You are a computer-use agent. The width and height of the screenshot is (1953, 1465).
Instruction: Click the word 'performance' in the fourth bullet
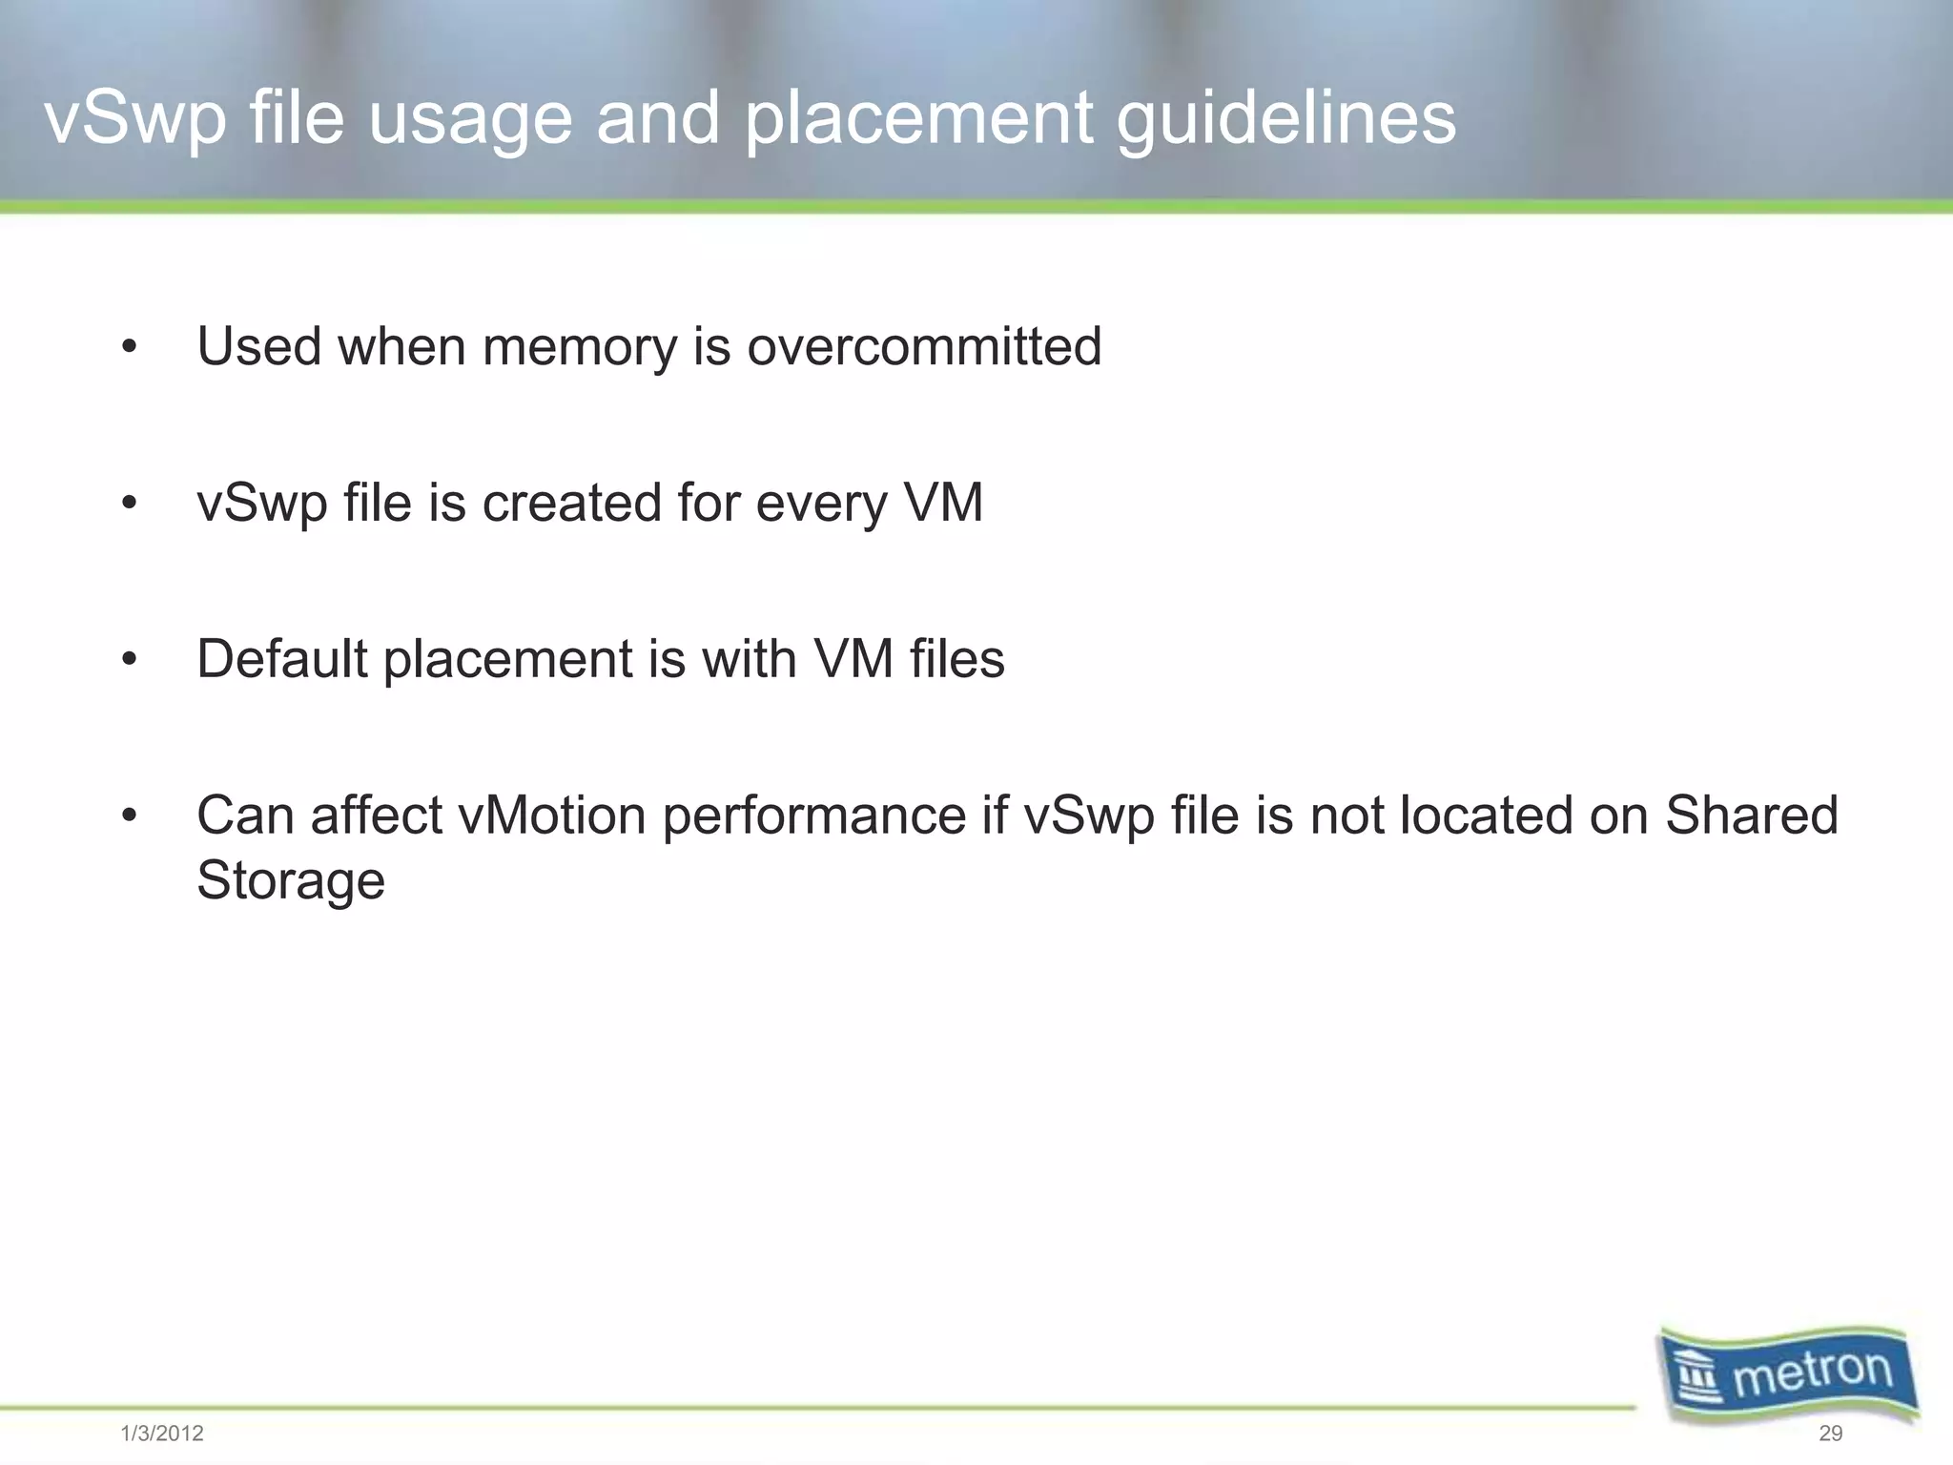click(x=814, y=816)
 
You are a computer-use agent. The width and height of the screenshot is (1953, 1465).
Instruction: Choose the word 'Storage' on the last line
click(x=291, y=879)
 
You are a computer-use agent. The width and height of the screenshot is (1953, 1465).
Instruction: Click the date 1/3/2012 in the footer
click(x=162, y=1434)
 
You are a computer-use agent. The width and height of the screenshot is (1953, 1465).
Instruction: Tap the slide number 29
click(x=1830, y=1434)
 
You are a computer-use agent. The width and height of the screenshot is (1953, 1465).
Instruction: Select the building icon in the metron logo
click(x=1698, y=1378)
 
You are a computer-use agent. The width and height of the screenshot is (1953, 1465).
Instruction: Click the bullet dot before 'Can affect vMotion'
click(x=130, y=816)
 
